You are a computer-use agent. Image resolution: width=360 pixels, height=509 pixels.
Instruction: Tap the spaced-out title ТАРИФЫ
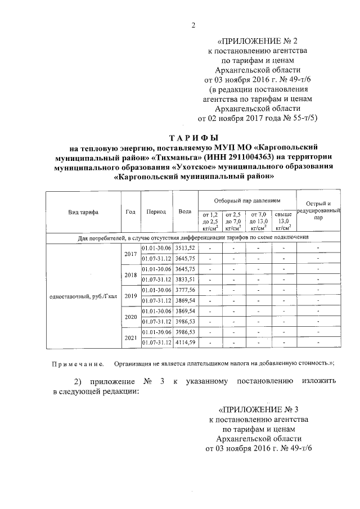pos(194,138)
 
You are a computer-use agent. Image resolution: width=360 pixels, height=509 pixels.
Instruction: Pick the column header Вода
pos(184,211)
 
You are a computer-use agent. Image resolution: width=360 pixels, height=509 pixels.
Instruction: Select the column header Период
pos(156,211)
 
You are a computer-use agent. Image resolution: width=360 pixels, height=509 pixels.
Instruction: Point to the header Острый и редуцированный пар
pos(318,211)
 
